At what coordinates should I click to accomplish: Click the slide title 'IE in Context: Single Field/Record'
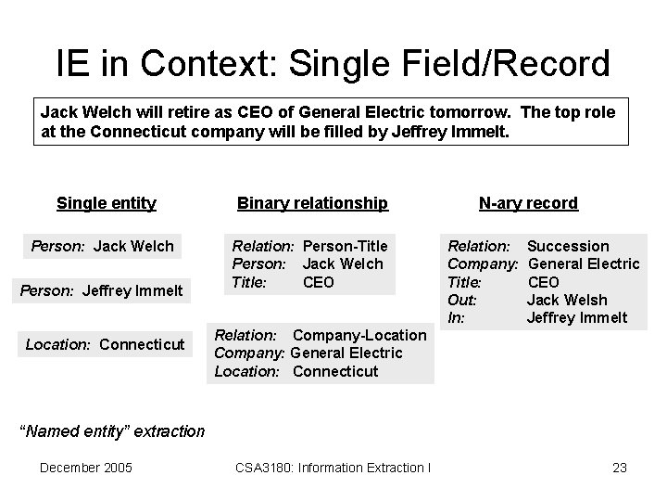333,64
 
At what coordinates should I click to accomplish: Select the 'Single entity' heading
107,202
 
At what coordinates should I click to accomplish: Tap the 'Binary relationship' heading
312,202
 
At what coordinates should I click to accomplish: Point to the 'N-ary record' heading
528,202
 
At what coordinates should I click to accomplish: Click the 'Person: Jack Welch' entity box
103,246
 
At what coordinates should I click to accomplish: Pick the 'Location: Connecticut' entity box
106,344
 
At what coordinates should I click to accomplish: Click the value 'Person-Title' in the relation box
345,246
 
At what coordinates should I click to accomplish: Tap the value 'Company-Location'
359,335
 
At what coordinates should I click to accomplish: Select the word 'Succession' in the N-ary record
568,246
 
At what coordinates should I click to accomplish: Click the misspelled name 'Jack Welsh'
567,300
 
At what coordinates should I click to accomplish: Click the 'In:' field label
456,317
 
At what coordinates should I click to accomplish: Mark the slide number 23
620,467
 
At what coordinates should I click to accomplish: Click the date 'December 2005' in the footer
86,467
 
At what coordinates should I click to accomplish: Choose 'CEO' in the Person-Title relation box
319,282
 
